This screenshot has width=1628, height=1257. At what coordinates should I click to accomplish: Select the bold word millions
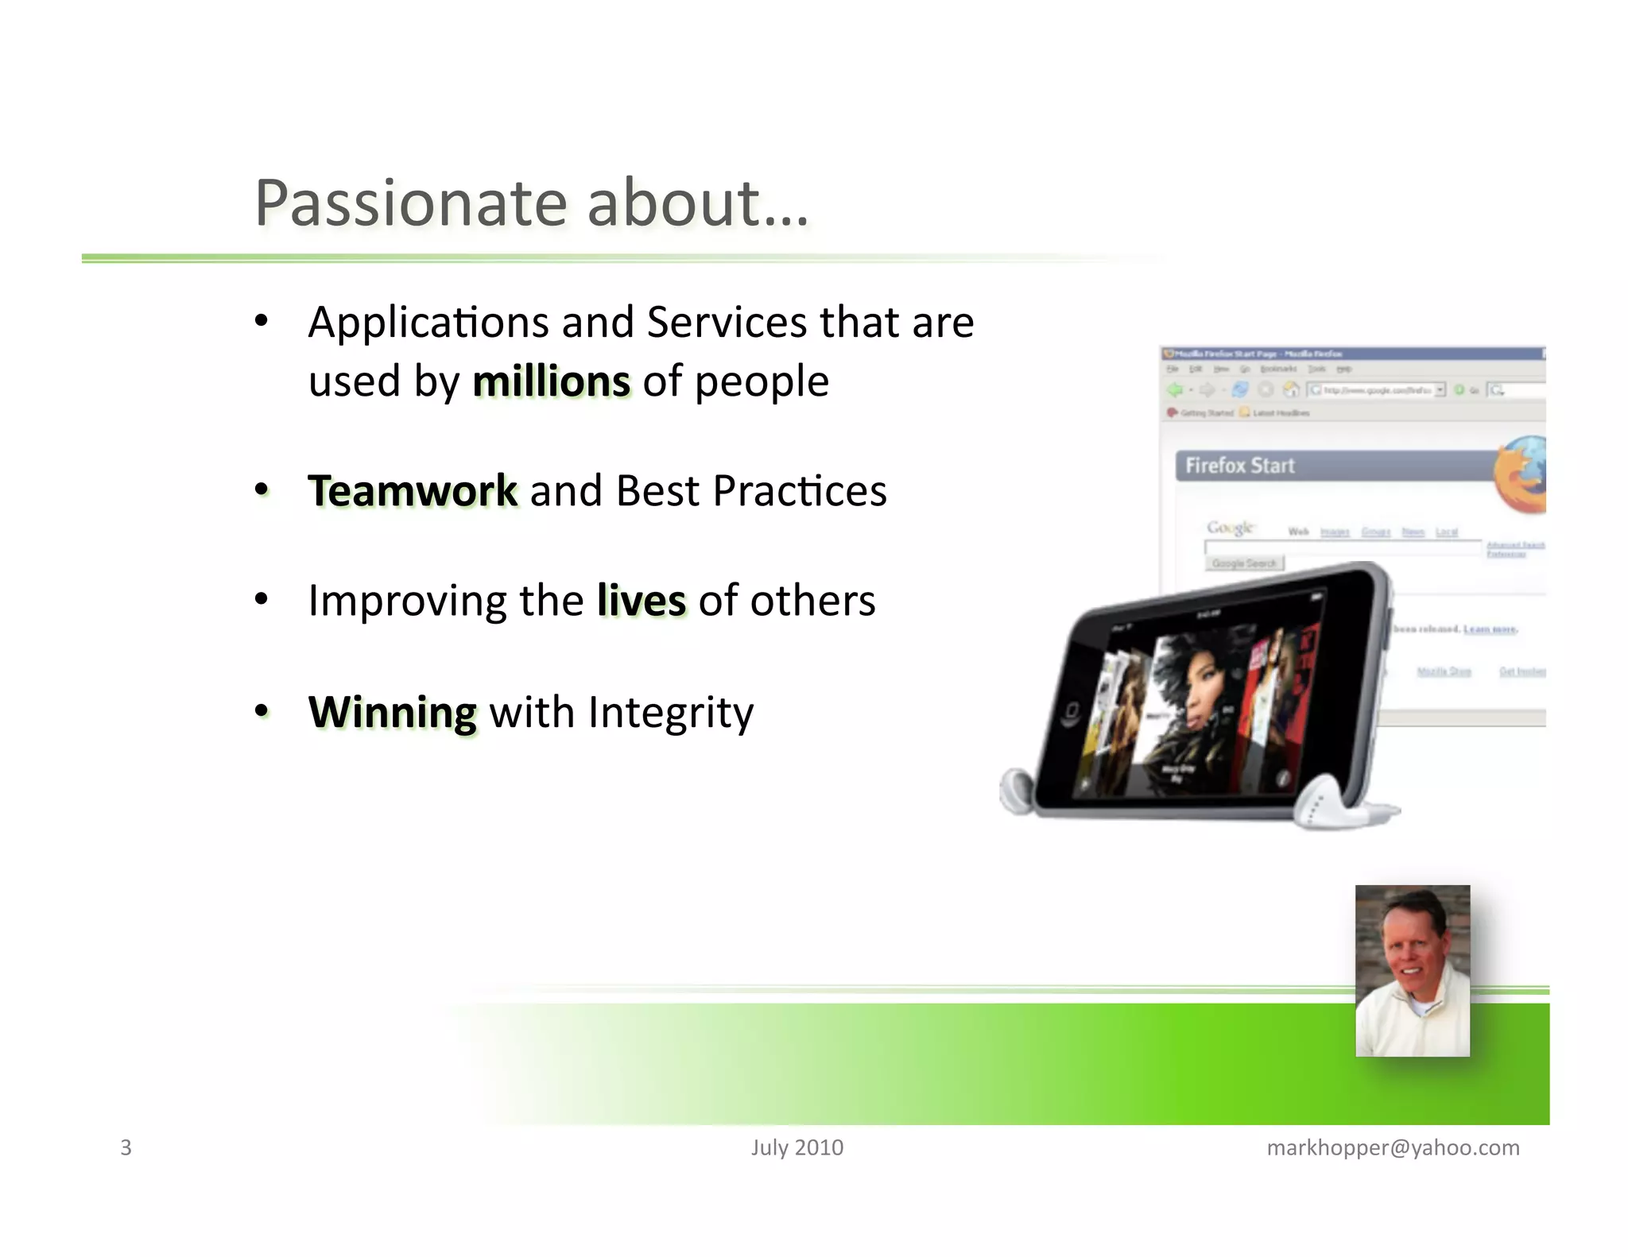[551, 381]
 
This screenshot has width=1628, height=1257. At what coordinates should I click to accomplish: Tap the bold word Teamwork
[413, 490]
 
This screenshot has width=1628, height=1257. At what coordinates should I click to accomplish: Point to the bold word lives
[641, 601]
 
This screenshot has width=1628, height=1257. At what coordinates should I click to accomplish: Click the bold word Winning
[393, 711]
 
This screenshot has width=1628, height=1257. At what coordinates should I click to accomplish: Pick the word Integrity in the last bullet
[670, 713]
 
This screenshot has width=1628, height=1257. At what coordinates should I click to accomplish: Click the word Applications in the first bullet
[428, 323]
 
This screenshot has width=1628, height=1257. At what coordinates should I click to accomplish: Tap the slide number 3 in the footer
[126, 1147]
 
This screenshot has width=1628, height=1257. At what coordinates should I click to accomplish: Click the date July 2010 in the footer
[797, 1147]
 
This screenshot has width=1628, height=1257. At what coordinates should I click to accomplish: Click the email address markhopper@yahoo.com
[1393, 1147]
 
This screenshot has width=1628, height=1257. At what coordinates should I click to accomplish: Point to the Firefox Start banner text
[1239, 466]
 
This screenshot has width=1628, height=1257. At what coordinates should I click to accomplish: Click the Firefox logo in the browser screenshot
[1520, 475]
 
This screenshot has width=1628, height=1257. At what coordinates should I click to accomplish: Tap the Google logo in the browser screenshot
[1230, 528]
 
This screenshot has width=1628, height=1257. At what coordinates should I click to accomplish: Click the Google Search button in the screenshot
[1244, 563]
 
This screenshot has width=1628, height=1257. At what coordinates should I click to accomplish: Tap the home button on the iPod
[1070, 710]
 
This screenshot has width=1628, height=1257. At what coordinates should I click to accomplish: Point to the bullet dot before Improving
[261, 600]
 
